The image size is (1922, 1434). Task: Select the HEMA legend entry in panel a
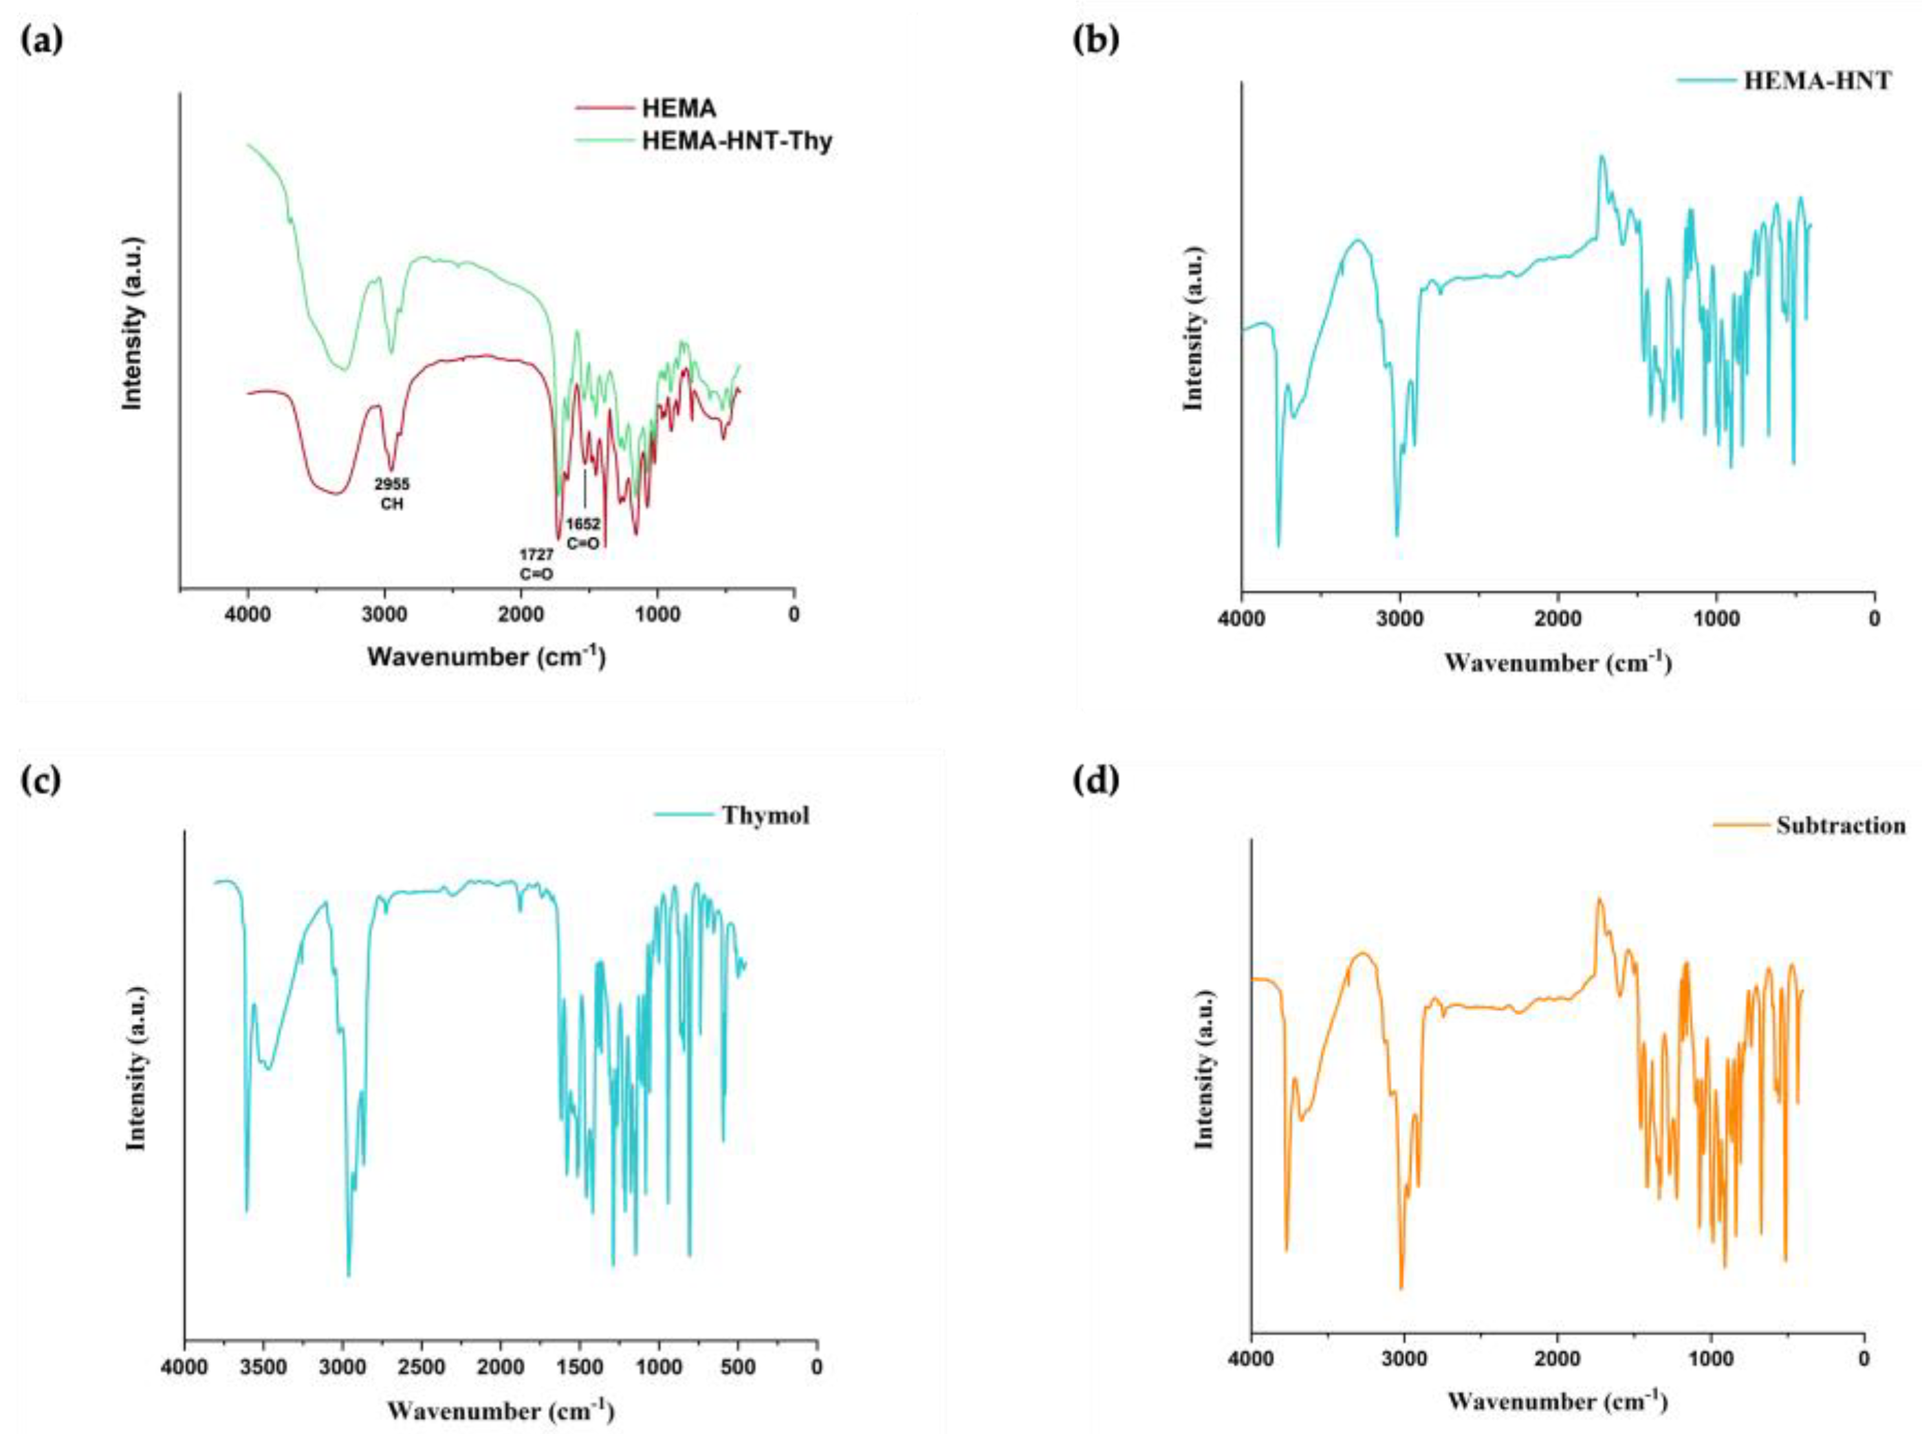pos(679,109)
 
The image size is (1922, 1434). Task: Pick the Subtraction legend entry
pos(1840,825)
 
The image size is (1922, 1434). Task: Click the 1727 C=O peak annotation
pos(536,563)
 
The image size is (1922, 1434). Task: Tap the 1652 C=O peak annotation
pos(583,534)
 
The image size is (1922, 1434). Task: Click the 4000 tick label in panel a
pos(248,616)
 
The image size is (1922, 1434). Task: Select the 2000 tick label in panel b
pos(1558,620)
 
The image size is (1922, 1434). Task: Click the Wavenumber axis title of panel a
pos(486,656)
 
